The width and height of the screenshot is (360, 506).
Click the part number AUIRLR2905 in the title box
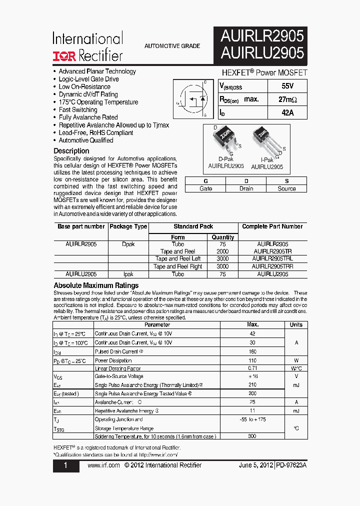point(262,36)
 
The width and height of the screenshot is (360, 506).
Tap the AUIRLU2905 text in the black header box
point(262,52)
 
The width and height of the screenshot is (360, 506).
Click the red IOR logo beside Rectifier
point(64,55)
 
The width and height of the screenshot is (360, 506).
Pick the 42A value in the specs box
point(287,113)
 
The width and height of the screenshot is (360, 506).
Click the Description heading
point(71,151)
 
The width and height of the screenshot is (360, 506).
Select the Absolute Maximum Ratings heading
point(96,285)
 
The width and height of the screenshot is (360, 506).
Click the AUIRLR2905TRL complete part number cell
point(272,259)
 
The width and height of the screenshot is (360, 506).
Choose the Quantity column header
point(223,237)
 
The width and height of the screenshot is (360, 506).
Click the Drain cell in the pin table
point(246,188)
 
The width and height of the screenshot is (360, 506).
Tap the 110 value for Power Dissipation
point(252,360)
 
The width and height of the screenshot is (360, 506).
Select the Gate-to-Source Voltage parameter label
point(119,376)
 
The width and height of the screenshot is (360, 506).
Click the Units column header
point(296,324)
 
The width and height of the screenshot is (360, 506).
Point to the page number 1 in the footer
point(66,465)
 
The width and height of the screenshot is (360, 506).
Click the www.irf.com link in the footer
point(103,465)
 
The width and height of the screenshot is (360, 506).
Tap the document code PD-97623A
point(291,465)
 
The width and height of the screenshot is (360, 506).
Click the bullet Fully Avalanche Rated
point(88,117)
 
